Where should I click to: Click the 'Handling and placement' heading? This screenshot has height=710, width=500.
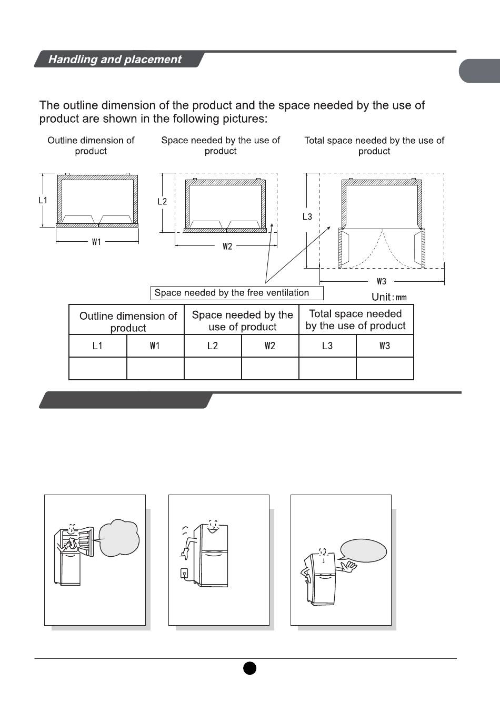point(115,60)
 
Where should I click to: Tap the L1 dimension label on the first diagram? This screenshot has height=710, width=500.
point(43,200)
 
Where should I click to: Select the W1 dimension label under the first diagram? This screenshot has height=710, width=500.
point(96,242)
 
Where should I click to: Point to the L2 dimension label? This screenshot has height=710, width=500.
point(162,201)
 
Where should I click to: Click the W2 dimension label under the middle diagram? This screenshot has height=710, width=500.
point(227,246)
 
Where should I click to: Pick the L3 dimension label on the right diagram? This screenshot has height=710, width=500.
point(307,216)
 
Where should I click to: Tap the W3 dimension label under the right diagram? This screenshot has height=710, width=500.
point(382,281)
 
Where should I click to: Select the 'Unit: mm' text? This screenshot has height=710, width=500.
point(389,297)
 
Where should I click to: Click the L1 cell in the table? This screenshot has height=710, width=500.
point(97,346)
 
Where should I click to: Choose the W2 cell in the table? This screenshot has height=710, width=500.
point(270,346)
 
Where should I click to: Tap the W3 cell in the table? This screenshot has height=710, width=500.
point(385,346)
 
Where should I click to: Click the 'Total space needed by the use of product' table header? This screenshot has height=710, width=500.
point(356,320)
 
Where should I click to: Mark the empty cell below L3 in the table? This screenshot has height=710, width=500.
point(327,368)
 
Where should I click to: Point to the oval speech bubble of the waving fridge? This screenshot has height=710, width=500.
point(364,551)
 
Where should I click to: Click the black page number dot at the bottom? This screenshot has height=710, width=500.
point(249,668)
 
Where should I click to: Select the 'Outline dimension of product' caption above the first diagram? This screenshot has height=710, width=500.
point(91,145)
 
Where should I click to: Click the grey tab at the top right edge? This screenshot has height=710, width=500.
point(479,72)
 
